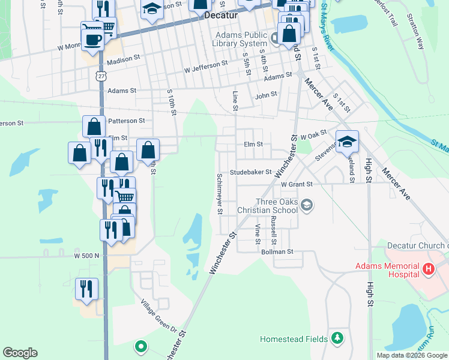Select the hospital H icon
tap(428, 270)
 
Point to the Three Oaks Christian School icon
tap(307, 206)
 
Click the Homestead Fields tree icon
tap(337, 339)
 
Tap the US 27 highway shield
tap(100, 74)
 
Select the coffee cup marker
tap(92, 40)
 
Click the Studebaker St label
tap(251, 172)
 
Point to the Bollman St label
tap(277, 253)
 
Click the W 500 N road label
tap(86, 256)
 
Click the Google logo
tap(20, 353)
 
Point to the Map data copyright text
tap(411, 355)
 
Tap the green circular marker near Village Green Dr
tap(141, 346)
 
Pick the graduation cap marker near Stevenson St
tap(347, 142)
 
